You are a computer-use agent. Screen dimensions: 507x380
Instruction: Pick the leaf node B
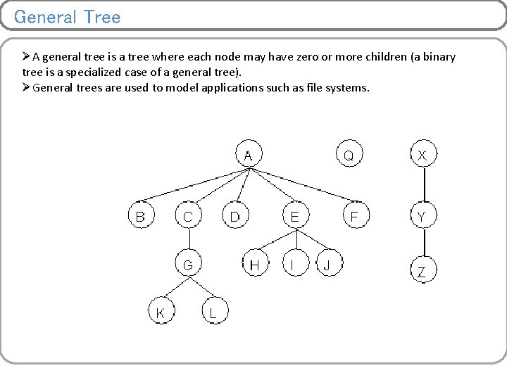point(140,216)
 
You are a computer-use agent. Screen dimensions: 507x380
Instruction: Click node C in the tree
point(187,216)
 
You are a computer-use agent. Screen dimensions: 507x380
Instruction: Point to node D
point(235,216)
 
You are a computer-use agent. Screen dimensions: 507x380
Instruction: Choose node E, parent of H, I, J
point(294,216)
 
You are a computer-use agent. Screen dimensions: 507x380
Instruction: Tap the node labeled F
point(355,216)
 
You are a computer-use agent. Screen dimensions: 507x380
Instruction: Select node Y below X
point(423,216)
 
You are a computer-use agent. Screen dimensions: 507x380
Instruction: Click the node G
point(187,265)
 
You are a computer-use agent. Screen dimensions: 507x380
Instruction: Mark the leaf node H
point(255,265)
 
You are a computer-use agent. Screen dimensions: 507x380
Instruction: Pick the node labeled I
point(293,265)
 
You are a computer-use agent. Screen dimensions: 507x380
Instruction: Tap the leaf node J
point(327,265)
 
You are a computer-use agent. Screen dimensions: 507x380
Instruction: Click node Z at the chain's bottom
point(423,272)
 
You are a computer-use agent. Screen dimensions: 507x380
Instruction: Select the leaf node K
point(161,312)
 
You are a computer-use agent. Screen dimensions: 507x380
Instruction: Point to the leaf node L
point(213,312)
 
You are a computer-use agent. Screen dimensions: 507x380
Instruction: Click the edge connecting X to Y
point(424,185)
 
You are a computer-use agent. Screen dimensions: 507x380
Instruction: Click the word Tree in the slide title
point(101,17)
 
